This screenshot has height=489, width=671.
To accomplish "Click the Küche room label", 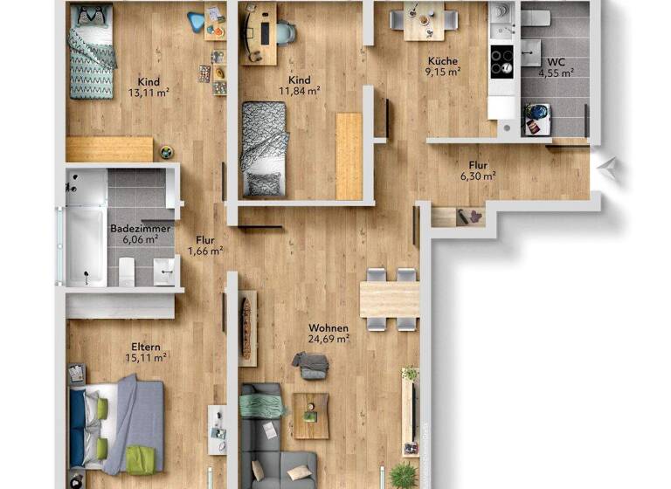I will tap(443, 60).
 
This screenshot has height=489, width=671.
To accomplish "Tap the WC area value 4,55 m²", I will tap(555, 73).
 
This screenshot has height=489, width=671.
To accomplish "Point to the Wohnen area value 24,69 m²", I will tap(329, 339).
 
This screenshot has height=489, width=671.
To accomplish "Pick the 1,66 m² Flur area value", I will tap(204, 250).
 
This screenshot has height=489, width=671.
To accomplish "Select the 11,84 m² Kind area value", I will tap(300, 89).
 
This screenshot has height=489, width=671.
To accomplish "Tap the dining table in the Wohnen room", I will tap(390, 300).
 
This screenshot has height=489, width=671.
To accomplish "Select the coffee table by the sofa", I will tap(310, 415).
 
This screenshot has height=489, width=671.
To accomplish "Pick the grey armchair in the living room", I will tap(310, 364).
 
